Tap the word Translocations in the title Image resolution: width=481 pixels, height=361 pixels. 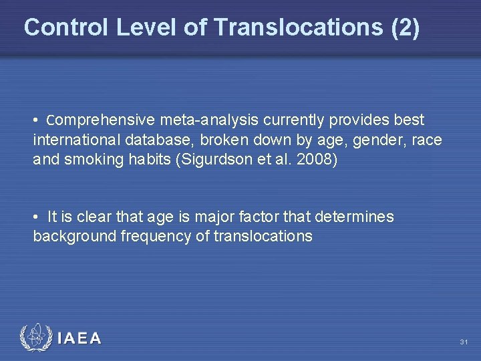[299, 27]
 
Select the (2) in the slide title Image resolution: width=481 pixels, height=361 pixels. [406, 27]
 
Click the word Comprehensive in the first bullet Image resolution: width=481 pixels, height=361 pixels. [92, 120]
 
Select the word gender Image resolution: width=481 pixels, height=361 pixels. [364, 141]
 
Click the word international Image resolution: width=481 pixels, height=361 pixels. [73, 141]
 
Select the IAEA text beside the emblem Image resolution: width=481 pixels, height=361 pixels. [79, 338]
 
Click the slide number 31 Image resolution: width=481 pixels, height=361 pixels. [464, 342]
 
